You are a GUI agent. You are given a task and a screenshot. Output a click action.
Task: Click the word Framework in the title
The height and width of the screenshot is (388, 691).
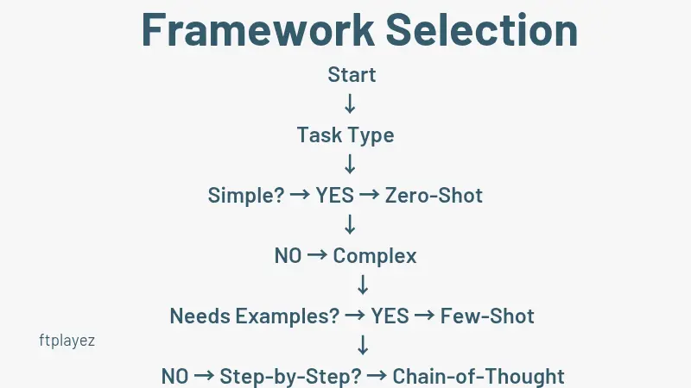tap(257, 30)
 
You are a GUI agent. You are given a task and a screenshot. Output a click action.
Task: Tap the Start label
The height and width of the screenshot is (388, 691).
tap(352, 75)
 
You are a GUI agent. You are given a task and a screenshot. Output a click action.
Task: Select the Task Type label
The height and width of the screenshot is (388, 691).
tap(345, 135)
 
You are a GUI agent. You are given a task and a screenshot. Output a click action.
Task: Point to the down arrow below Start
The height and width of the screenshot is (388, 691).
tap(350, 105)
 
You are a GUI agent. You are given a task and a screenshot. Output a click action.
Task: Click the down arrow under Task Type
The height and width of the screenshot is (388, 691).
tap(350, 165)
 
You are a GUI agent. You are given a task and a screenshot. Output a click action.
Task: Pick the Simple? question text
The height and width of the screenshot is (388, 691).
tap(246, 196)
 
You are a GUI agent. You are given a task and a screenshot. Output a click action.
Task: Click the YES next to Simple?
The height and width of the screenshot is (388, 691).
tap(334, 196)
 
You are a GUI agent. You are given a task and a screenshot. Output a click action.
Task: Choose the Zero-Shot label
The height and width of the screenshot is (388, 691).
tap(434, 196)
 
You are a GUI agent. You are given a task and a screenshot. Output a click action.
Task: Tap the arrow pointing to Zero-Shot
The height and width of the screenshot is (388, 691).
tap(370, 196)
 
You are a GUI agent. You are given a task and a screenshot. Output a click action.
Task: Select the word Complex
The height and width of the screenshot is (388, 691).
tap(375, 256)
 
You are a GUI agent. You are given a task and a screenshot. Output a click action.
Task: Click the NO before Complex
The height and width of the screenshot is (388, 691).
tap(288, 256)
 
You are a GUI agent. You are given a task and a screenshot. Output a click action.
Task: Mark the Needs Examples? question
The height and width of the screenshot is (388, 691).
tap(255, 316)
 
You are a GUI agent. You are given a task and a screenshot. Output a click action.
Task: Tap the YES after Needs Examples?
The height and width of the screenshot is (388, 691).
tap(390, 316)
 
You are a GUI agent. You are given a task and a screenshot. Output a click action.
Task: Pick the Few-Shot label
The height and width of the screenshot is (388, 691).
tap(487, 316)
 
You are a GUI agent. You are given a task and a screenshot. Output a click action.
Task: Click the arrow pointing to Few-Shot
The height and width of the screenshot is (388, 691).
tap(424, 316)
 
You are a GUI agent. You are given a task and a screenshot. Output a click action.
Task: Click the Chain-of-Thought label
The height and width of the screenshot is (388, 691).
tap(479, 377)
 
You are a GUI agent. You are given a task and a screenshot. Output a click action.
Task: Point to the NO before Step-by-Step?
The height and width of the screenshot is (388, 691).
tap(175, 377)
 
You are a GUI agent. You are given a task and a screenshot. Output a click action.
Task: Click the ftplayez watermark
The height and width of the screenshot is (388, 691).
tap(67, 341)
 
